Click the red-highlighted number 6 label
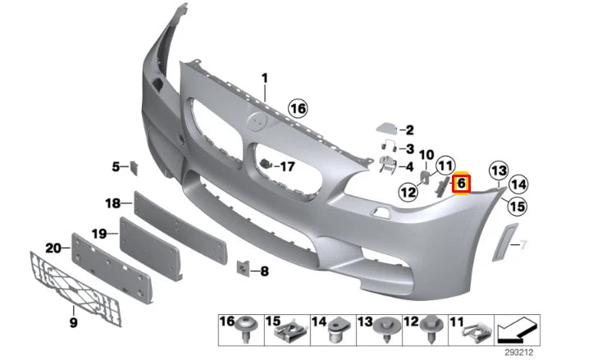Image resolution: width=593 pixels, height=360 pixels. click(461, 183)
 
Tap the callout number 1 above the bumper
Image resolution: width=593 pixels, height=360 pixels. click(265, 79)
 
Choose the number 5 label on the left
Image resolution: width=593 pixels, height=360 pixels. click(116, 167)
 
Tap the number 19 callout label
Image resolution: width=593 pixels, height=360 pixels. click(98, 234)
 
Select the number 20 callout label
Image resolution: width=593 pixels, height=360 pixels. click(52, 248)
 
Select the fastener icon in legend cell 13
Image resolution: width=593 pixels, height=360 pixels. click(385, 332)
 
